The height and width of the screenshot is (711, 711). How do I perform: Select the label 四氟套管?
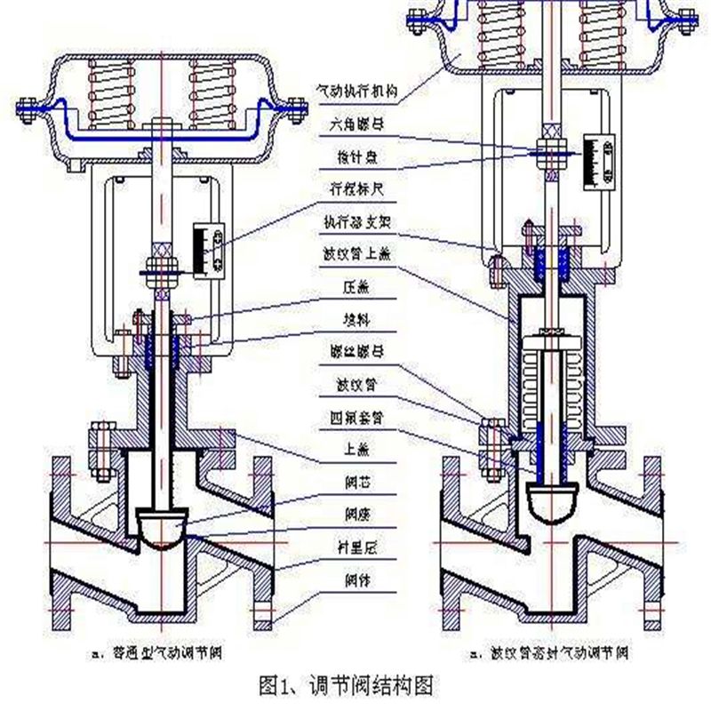(x=353, y=417)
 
